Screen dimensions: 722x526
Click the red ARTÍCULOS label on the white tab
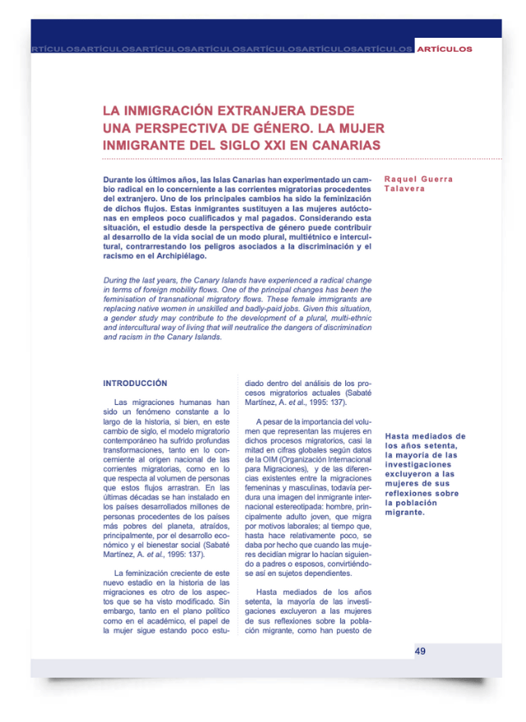(444, 49)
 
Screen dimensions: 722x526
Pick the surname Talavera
(405, 189)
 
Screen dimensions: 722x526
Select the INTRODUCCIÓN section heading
(134, 384)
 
